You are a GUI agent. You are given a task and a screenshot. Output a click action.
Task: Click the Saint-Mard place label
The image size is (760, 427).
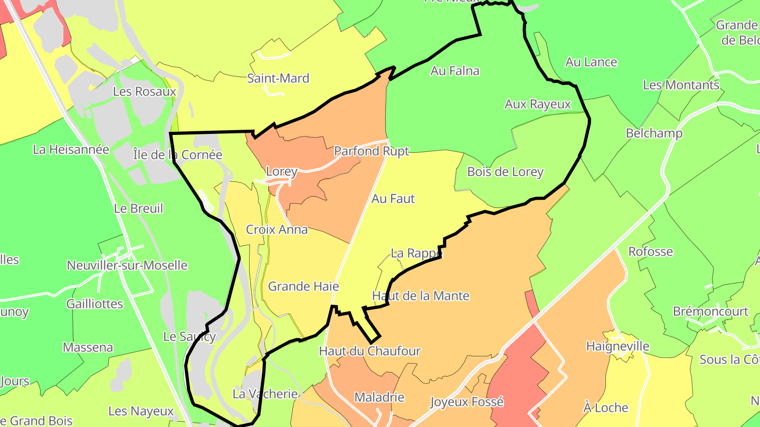tap(278, 79)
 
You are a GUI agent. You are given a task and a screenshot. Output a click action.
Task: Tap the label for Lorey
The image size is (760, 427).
tap(281, 171)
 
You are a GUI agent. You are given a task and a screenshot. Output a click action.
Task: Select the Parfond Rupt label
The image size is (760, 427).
tap(372, 151)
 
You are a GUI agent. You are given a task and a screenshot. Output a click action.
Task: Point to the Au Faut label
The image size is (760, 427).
tap(393, 199)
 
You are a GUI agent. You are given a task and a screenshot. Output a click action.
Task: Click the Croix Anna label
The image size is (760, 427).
tap(277, 230)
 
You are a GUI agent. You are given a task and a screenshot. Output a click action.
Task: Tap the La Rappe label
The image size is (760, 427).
tap(416, 253)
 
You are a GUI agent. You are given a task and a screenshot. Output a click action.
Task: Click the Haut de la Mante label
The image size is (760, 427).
tap(421, 296)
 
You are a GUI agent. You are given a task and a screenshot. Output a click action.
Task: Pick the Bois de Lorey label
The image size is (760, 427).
tap(505, 172)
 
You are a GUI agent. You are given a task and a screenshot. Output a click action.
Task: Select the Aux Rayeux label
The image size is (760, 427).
tap(538, 104)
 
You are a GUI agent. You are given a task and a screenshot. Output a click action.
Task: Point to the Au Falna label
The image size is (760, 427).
tap(455, 71)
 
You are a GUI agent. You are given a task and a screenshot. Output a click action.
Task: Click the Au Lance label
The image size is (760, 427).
tap(591, 62)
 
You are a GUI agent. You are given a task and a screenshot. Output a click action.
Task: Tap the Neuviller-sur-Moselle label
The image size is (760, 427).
tap(127, 265)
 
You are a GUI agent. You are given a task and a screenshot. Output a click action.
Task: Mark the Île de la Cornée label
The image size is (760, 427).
tap(177, 154)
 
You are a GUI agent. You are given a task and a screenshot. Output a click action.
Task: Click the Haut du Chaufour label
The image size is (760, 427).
tap(369, 351)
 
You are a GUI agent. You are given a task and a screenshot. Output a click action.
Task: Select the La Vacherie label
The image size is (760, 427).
tap(265, 394)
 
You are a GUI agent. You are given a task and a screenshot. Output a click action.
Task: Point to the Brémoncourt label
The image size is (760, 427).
tap(710, 312)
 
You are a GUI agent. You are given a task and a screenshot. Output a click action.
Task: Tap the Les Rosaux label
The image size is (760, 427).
tap(144, 91)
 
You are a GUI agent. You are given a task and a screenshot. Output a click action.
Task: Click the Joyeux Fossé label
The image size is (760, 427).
tap(467, 402)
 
